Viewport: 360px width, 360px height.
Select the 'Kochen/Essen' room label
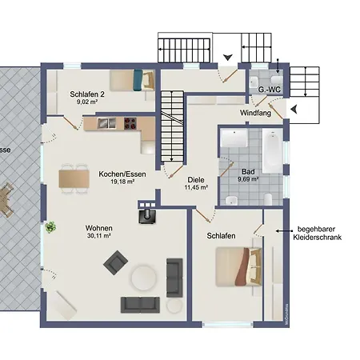coord(116,174)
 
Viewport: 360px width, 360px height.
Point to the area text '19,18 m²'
coord(116,182)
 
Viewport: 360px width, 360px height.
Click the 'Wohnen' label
coord(99,227)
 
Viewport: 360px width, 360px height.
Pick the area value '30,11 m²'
coord(99,236)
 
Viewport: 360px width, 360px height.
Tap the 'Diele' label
coord(197,179)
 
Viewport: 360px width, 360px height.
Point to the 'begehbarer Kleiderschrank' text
coord(318,234)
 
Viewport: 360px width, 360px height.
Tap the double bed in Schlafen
coord(238,266)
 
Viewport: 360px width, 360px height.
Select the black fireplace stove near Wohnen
coord(149,214)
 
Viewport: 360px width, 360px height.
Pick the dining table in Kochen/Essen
coord(74,177)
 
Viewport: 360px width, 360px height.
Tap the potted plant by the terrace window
coord(51,227)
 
